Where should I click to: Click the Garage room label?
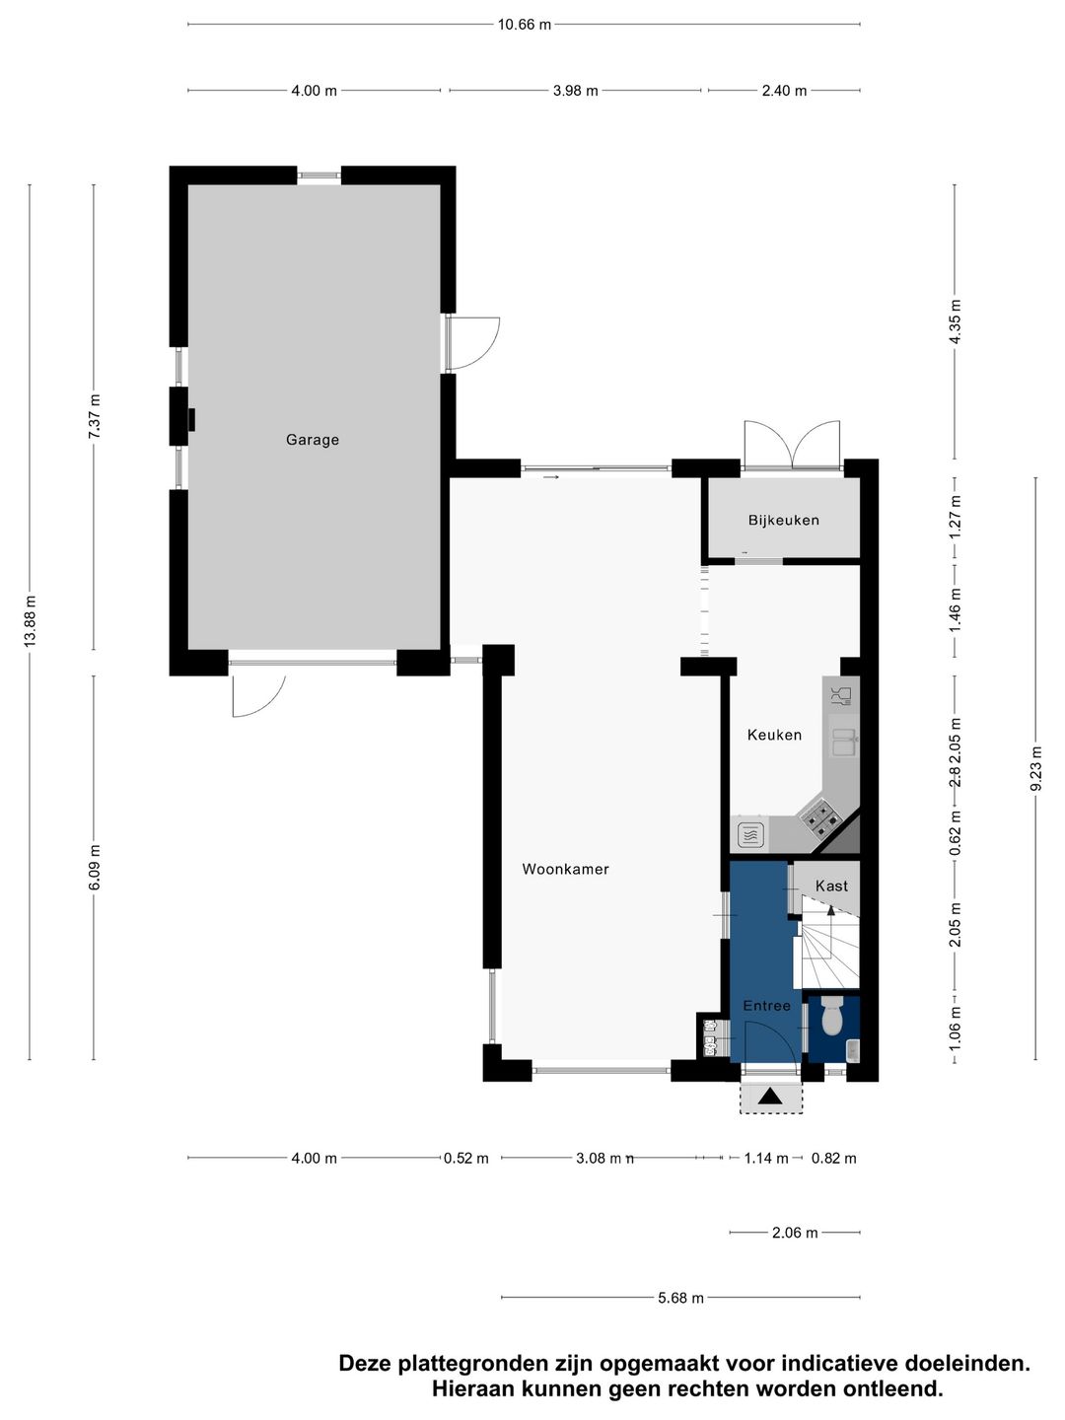[312, 440]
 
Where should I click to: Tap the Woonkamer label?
[565, 869]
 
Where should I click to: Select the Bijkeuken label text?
[783, 520]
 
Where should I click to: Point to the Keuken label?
[774, 735]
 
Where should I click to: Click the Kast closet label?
[831, 886]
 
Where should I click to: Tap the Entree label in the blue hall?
[766, 1006]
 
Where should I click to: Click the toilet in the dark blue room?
[832, 1017]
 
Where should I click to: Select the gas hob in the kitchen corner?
[819, 816]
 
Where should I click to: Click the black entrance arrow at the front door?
[770, 1096]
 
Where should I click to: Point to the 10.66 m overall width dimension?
[524, 25]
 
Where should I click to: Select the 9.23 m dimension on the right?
[1035, 768]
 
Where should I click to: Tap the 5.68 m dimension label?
[680, 1298]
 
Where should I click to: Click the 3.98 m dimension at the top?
[575, 91]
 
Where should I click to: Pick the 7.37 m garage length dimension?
[95, 415]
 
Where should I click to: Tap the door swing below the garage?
[258, 694]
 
